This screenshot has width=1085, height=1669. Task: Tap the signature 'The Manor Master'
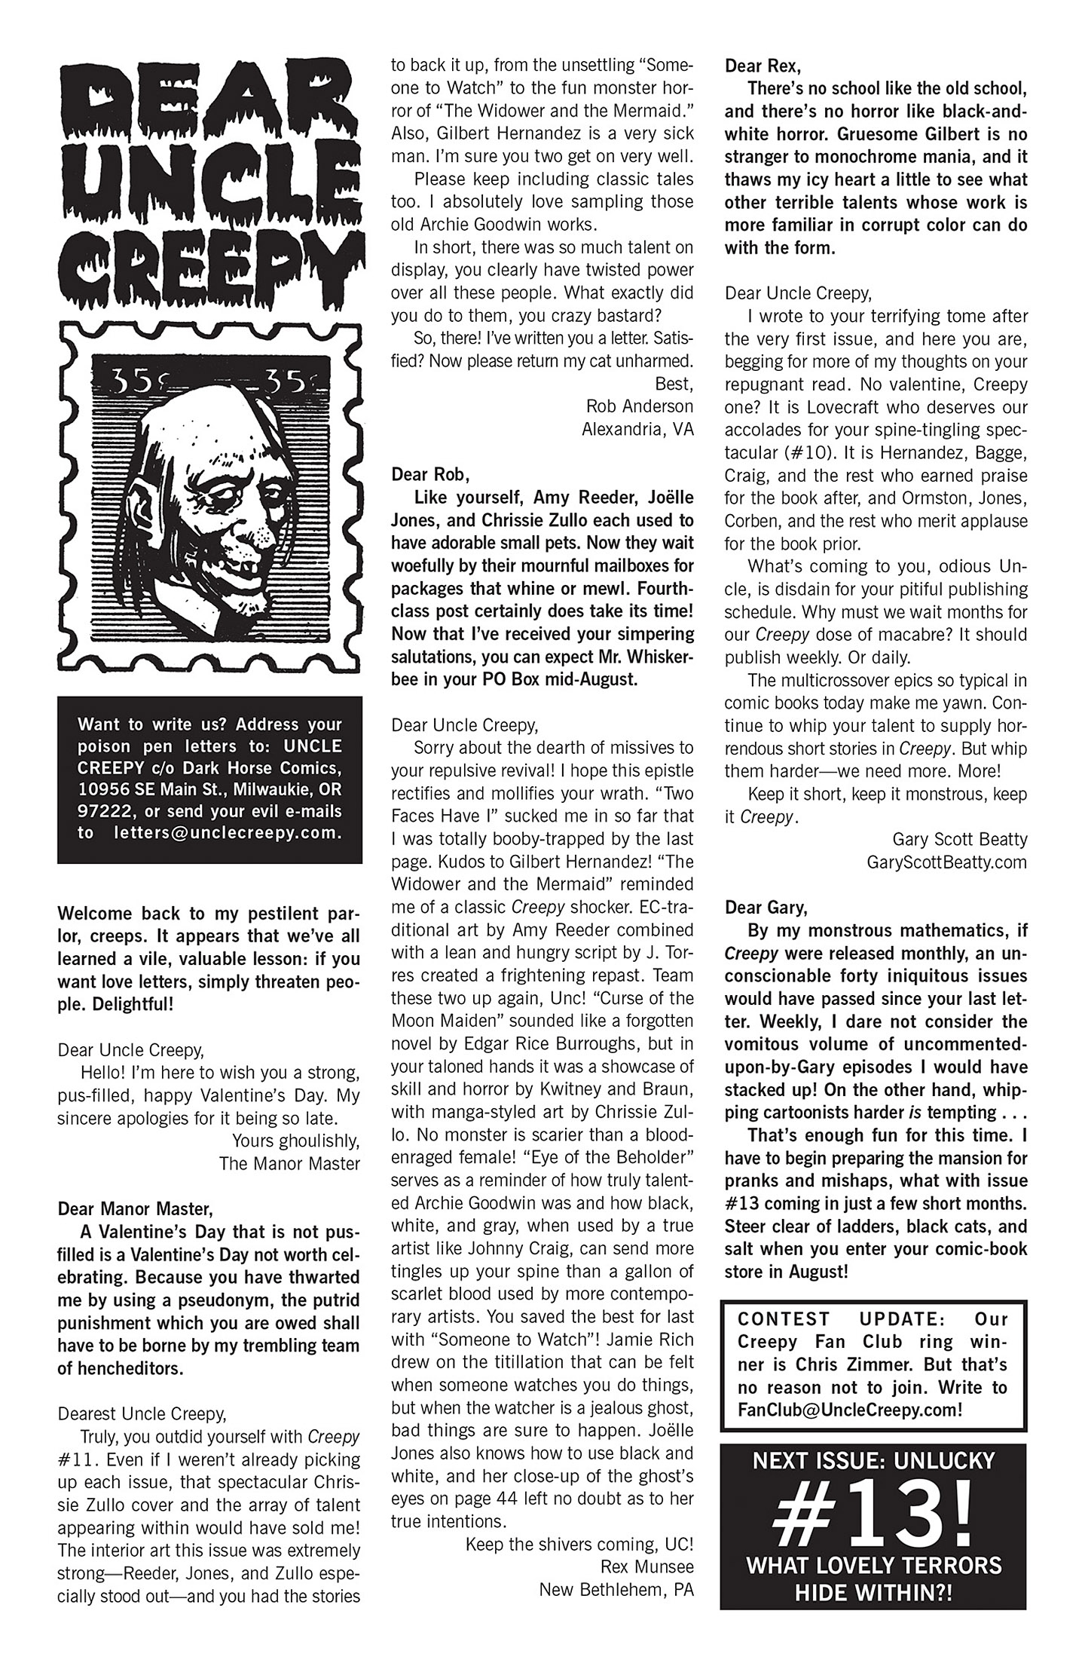pos(289,1163)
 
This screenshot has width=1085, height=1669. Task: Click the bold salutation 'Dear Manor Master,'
pos(135,1208)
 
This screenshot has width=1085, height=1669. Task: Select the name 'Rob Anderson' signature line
pos(640,406)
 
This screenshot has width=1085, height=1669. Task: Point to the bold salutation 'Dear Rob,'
pos(429,475)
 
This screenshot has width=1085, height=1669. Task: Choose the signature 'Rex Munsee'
pos(646,1567)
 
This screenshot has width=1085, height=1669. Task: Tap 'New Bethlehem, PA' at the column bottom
pos(616,1590)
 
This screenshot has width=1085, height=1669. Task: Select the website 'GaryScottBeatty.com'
pos(947,862)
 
